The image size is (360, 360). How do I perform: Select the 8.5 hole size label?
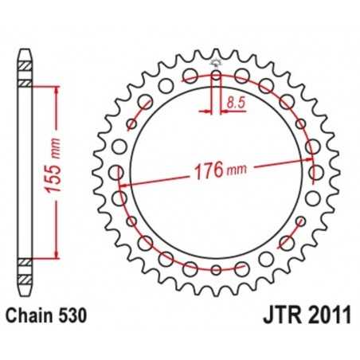click(x=235, y=102)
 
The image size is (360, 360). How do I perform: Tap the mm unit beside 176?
click(x=237, y=171)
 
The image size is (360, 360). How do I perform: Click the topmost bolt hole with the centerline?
click(x=216, y=76)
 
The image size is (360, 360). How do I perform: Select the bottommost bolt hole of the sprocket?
click(x=216, y=269)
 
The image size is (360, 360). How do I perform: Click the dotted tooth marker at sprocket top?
click(x=216, y=63)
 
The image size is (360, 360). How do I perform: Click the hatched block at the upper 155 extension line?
click(x=26, y=83)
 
